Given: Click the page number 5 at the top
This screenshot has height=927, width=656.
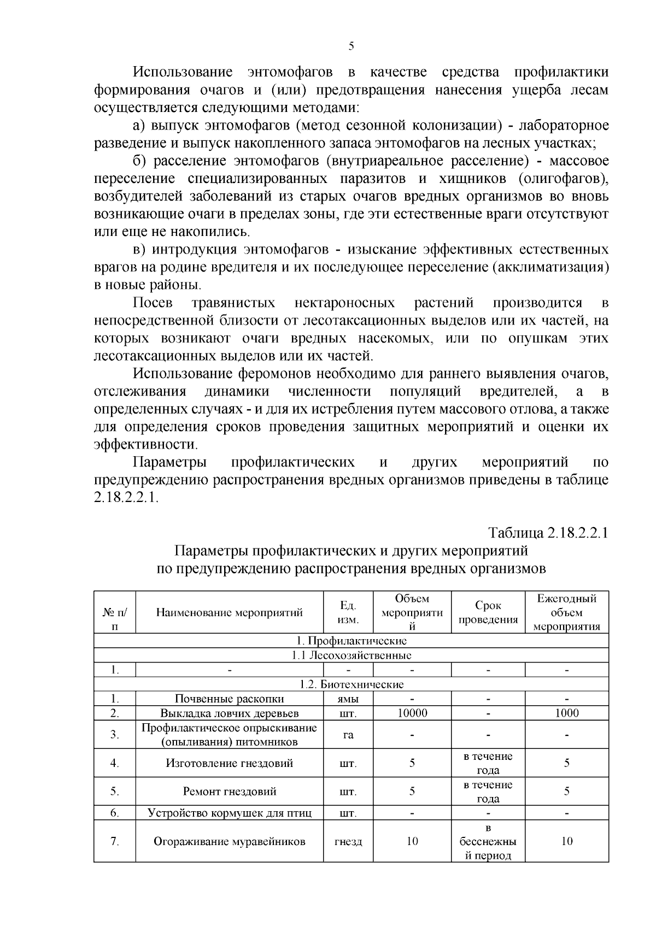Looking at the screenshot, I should (x=351, y=46).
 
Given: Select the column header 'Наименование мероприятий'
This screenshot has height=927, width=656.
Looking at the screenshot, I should (x=230, y=612).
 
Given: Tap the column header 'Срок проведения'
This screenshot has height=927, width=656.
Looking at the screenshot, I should (x=488, y=612).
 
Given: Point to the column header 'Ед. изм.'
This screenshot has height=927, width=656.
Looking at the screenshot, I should (x=348, y=612).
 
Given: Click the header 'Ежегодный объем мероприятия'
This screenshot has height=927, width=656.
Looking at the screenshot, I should (x=566, y=612).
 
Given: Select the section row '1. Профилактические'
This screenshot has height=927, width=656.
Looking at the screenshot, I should (x=351, y=641).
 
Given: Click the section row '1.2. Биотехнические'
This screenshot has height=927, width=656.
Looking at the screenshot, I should (x=351, y=684).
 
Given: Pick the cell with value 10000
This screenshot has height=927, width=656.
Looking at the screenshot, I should (x=412, y=713).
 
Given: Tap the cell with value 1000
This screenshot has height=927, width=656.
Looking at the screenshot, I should (x=566, y=713).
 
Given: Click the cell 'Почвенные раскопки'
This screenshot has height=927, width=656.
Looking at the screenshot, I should (x=230, y=699).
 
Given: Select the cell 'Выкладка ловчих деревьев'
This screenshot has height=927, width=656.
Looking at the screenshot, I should (x=230, y=713).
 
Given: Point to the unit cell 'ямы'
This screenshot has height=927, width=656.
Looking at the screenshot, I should (x=348, y=699).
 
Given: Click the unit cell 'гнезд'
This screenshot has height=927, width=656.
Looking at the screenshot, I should (x=348, y=842).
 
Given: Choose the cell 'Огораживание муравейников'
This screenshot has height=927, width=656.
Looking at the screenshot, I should (x=230, y=842).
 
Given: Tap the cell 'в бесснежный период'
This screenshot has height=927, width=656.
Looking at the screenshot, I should (x=488, y=842).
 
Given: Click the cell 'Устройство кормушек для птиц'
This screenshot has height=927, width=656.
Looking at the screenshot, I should (x=230, y=813).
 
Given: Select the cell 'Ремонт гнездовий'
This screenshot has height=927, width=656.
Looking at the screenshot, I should (x=230, y=792).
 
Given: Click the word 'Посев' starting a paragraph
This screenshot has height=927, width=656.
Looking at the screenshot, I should (x=153, y=303).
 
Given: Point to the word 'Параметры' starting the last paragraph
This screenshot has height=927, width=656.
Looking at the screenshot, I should (x=170, y=463).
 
